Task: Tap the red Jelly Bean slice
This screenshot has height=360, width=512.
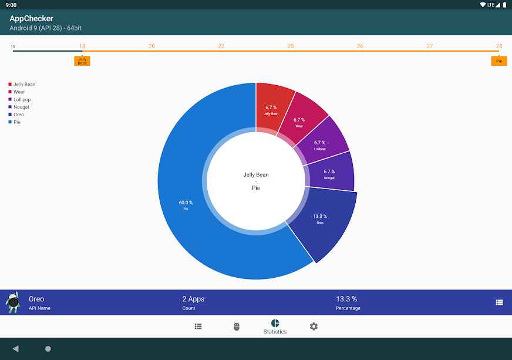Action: (272, 109)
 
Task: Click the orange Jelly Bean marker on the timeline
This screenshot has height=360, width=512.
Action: (82, 60)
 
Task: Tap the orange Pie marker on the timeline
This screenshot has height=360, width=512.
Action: (499, 60)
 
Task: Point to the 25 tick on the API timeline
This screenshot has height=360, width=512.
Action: (291, 46)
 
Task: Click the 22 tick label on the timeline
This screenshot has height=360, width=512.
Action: (221, 46)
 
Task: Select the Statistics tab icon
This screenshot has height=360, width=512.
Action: (275, 324)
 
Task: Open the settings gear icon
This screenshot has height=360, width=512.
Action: (314, 327)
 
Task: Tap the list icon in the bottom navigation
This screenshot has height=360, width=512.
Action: (198, 327)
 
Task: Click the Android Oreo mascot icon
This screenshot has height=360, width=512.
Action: (13, 302)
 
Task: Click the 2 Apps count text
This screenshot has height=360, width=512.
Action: (193, 299)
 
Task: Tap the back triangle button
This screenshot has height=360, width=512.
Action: (15, 349)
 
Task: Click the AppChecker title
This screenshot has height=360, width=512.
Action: (31, 19)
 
